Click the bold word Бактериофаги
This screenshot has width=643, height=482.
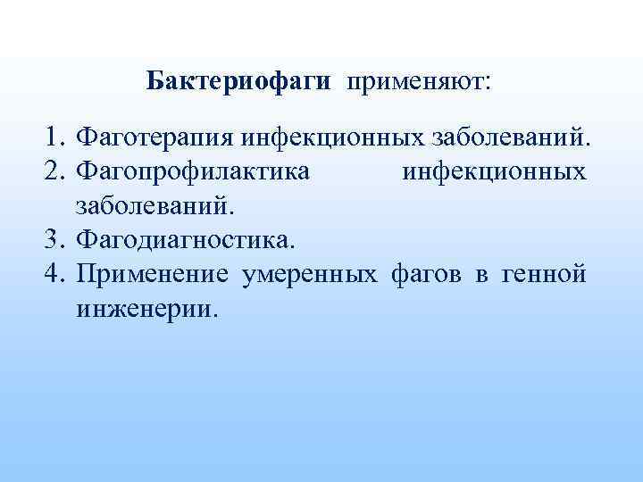coord(238,83)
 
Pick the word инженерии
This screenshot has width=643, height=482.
coord(146,310)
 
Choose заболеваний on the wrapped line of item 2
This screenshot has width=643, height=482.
coord(157,207)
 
